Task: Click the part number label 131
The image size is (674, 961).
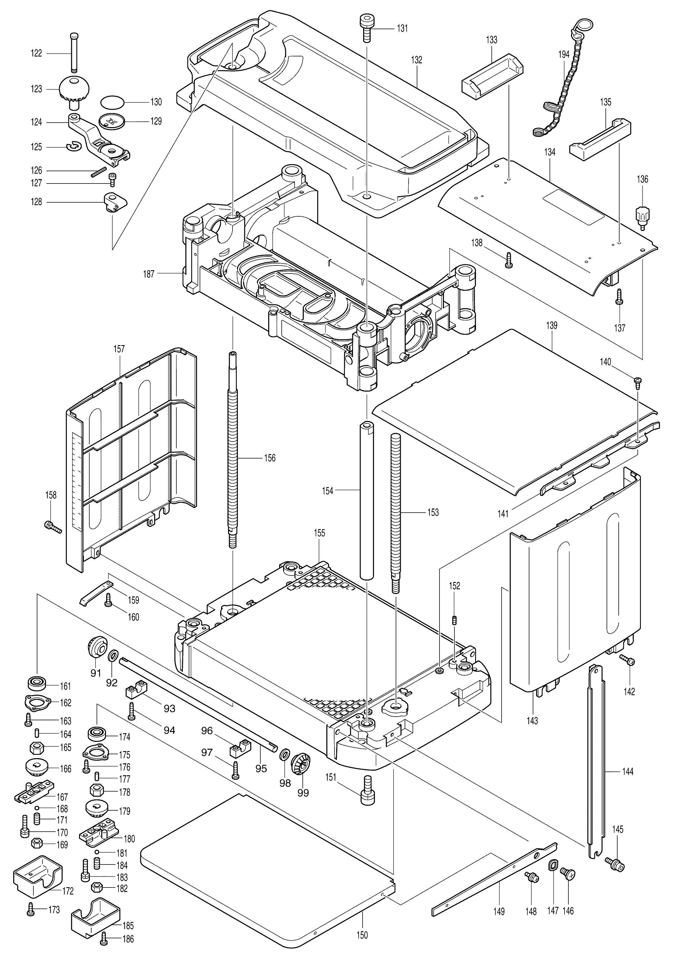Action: (x=402, y=28)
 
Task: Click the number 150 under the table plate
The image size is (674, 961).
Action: (x=362, y=935)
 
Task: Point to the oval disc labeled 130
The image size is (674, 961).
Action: (x=112, y=102)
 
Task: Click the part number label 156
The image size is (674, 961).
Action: (x=269, y=458)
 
